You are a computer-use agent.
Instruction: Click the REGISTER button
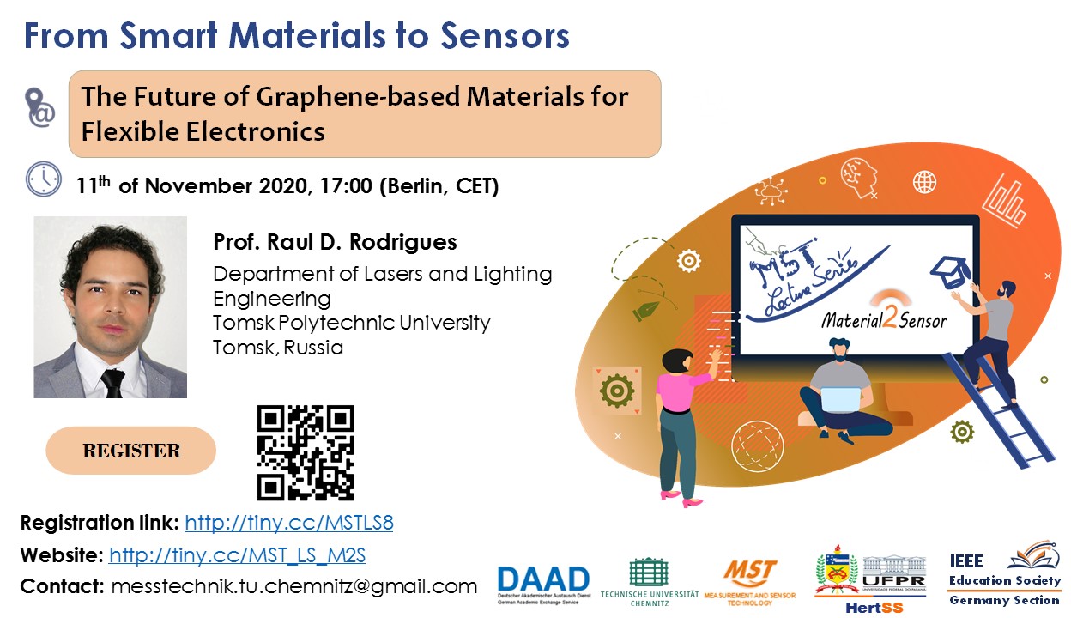130,450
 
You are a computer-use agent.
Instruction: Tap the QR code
306,452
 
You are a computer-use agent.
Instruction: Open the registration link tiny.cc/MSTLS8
289,523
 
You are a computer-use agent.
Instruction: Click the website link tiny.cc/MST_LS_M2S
237,554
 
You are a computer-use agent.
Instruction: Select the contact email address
294,586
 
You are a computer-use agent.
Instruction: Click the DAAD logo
543,585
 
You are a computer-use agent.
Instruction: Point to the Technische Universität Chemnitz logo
649,582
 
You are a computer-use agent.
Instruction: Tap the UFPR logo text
894,582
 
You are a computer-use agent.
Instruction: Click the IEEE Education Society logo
1004,574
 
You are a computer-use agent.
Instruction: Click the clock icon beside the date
44,179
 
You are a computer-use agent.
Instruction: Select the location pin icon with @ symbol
39,107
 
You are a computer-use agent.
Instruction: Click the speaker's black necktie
113,383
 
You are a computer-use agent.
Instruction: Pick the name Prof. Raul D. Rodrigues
335,242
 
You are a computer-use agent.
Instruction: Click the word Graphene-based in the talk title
358,97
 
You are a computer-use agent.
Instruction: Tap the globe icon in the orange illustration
925,182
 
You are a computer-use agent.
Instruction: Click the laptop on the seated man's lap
840,400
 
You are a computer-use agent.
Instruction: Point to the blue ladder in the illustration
998,410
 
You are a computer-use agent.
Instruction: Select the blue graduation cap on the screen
951,272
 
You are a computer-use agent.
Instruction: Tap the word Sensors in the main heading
505,36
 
